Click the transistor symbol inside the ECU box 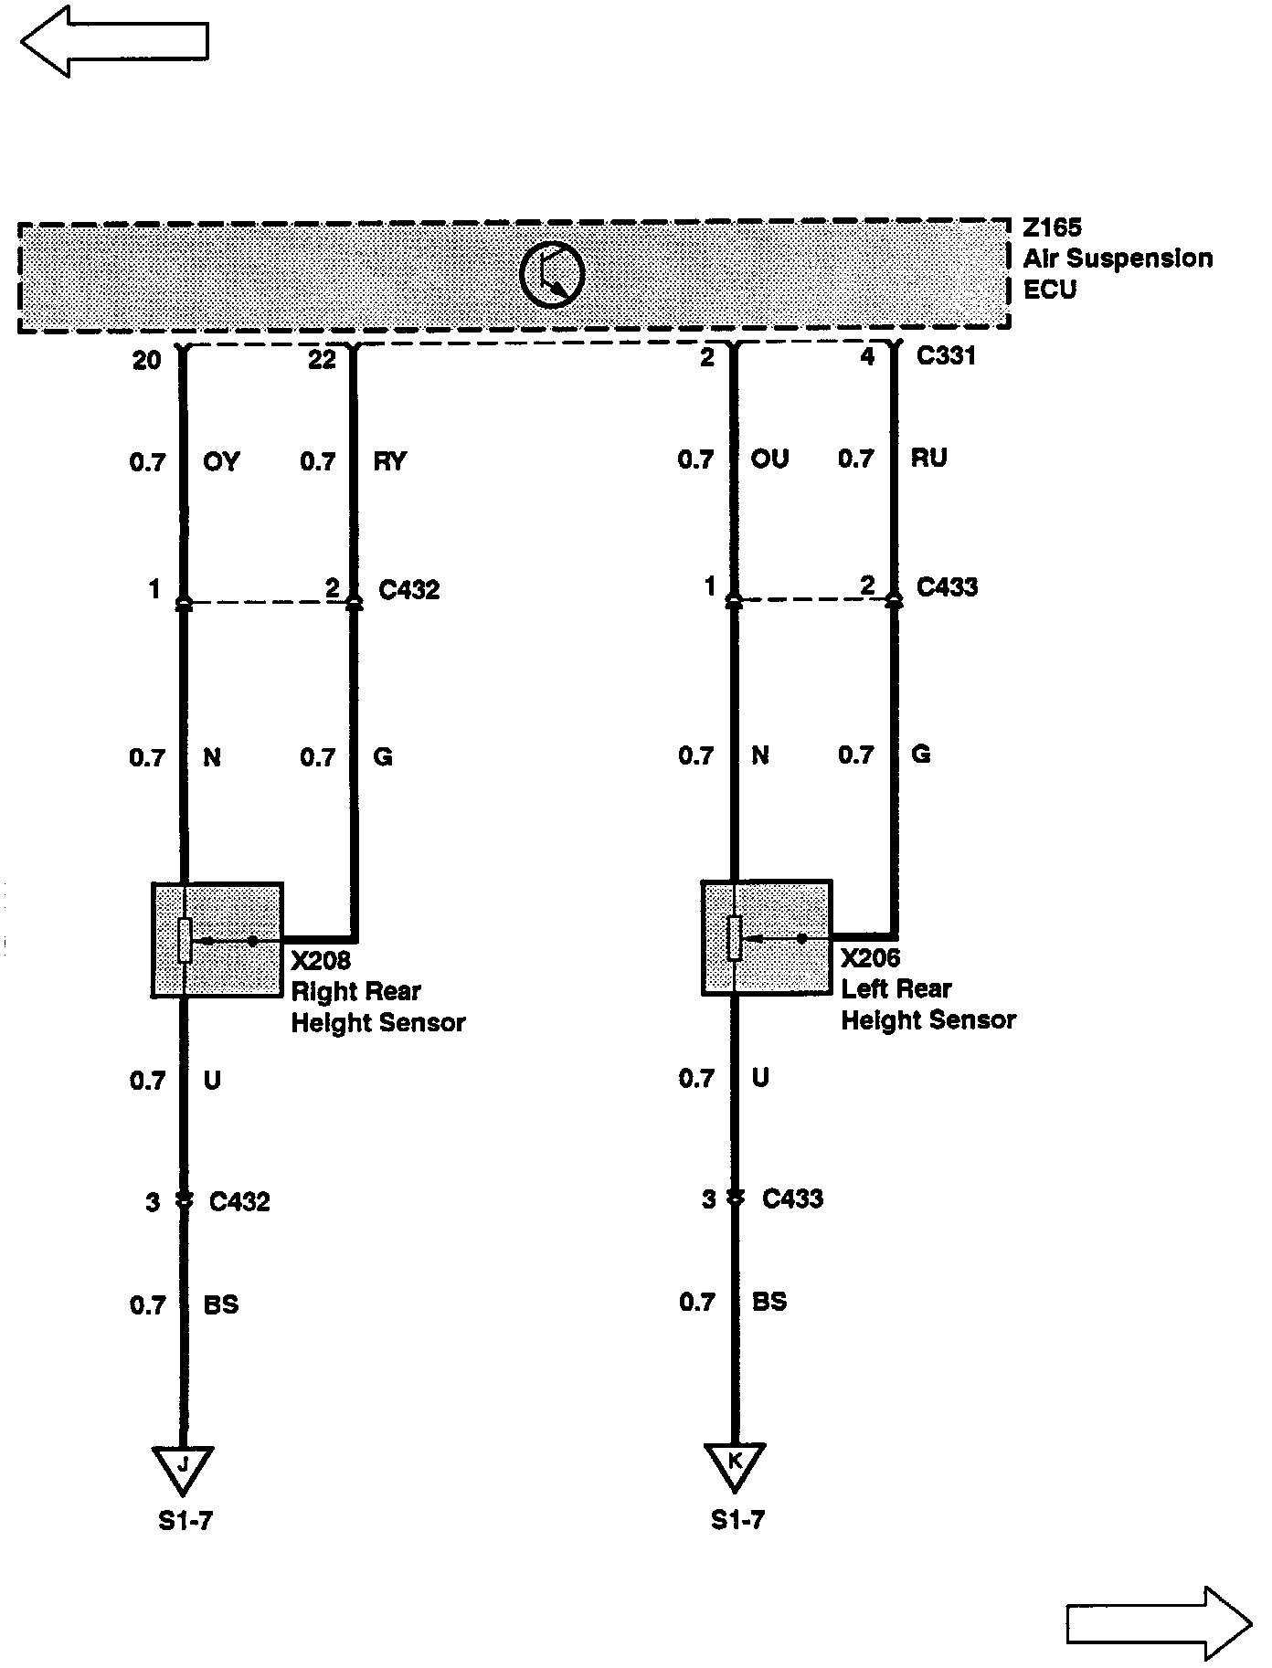(x=552, y=274)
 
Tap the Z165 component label (x=1052, y=227)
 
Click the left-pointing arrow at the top (x=114, y=41)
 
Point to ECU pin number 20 (x=146, y=361)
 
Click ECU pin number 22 (x=322, y=361)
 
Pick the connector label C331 (x=946, y=356)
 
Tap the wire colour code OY (x=221, y=462)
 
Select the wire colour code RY (x=390, y=461)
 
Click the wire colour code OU (x=769, y=459)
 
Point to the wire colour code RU (x=928, y=458)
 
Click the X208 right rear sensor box (x=217, y=939)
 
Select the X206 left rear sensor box (x=767, y=937)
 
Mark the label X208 (x=321, y=961)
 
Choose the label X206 (x=871, y=958)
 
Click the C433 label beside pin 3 (x=792, y=1198)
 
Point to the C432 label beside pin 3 (x=239, y=1201)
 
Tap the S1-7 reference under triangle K (x=737, y=1520)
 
